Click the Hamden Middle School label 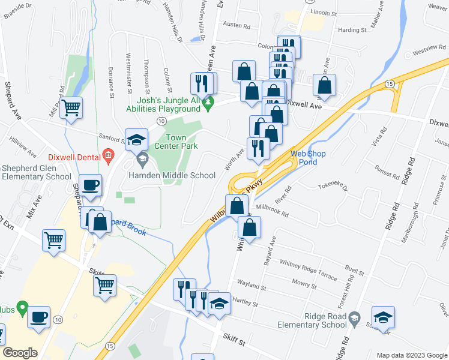172,175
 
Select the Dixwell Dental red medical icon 108,157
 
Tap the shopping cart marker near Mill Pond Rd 71,108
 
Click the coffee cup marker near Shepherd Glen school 91,185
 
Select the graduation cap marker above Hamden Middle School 136,140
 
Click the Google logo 20,353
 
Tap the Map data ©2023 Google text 412,355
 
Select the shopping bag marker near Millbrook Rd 249,228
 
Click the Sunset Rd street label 388,173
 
